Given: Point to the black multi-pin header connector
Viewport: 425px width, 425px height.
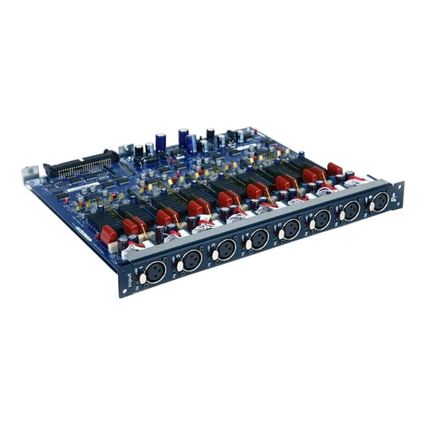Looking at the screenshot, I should click(x=81, y=164).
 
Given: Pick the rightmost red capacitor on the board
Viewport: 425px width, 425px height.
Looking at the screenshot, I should click(x=335, y=168).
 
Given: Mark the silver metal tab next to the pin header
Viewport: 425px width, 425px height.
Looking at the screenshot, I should click(x=126, y=148).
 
